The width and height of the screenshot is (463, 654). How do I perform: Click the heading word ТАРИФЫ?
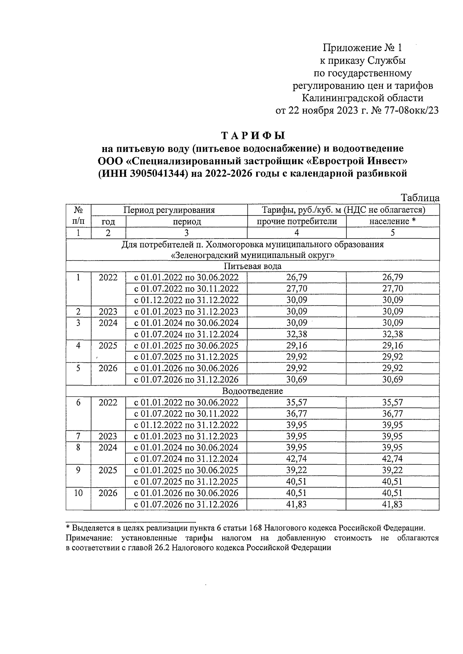point(253,136)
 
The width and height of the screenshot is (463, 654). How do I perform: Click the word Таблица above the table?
point(420,198)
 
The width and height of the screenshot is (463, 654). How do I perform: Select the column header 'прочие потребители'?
point(296,222)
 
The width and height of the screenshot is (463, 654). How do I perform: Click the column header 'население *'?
point(392,222)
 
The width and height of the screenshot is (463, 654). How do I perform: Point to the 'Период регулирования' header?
point(169,210)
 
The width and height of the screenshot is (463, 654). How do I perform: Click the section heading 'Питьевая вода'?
point(253,266)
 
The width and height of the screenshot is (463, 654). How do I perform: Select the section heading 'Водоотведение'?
point(253,391)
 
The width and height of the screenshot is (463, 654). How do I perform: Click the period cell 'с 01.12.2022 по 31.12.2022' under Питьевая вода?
point(186,300)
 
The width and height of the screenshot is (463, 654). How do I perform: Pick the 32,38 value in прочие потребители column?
point(296,334)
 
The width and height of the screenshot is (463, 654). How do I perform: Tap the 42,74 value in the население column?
point(392,459)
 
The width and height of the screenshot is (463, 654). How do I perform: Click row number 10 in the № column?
point(78,493)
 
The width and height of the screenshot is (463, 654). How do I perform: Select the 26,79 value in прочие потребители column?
point(296,278)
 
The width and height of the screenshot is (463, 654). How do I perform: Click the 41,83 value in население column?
point(392,505)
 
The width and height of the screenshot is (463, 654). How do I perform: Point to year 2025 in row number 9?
point(108,470)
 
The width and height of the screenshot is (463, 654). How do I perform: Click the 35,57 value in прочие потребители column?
point(296,403)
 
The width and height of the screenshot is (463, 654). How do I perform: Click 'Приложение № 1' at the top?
point(362,48)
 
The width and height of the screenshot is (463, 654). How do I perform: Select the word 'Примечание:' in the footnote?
point(89,538)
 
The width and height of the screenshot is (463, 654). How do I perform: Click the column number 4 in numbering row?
point(296,233)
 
